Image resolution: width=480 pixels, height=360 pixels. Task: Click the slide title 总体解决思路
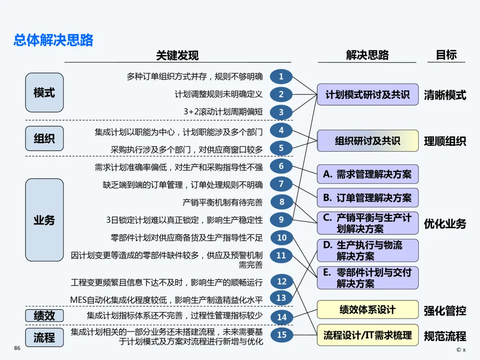(x=53, y=40)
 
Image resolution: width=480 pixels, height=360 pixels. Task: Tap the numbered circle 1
(x=281, y=76)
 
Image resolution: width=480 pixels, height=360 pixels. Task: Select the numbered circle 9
(x=281, y=219)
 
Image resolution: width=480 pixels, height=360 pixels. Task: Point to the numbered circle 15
(x=282, y=335)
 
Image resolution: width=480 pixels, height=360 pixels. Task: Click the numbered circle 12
(x=282, y=281)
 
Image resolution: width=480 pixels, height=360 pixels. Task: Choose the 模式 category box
(x=44, y=92)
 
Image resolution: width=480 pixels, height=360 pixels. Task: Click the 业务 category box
(x=44, y=220)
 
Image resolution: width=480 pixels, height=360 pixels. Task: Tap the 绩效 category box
(x=44, y=316)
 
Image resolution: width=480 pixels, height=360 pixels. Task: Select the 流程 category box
(x=44, y=337)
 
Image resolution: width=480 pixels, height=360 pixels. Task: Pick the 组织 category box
(x=44, y=138)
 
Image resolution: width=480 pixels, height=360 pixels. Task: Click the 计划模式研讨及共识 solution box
(x=368, y=94)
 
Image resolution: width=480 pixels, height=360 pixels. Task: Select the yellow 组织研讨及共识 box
(x=368, y=141)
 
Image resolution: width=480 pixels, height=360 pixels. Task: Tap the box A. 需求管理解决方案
(x=368, y=174)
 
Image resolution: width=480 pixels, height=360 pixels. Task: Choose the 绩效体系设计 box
(x=368, y=309)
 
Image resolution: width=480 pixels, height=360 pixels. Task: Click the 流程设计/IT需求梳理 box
(x=368, y=335)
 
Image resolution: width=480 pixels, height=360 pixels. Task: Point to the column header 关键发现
(x=177, y=56)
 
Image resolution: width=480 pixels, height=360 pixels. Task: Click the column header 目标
(x=446, y=55)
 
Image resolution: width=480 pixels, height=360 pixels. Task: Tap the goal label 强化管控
(x=445, y=311)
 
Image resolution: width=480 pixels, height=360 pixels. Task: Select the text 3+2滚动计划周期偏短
(x=223, y=112)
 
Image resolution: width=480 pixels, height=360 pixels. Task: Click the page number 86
(x=17, y=348)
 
